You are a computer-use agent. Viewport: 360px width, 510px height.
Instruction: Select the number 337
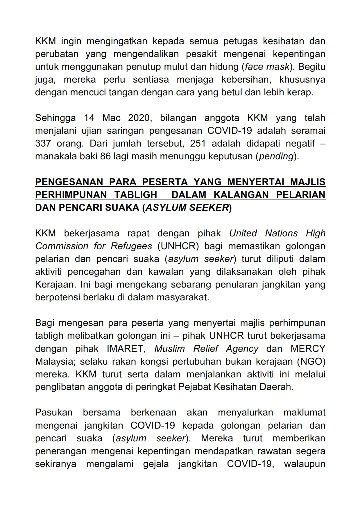[43, 144]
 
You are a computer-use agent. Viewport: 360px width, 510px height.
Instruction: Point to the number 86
[106, 156]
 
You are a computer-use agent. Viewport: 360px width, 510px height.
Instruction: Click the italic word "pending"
[276, 156]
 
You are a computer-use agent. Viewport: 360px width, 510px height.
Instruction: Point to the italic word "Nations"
[281, 233]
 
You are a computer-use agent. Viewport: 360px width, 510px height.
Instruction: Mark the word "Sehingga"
[55, 118]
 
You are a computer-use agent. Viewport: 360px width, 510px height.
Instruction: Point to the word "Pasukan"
[54, 413]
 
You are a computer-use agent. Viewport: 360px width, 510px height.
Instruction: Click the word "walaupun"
[305, 464]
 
